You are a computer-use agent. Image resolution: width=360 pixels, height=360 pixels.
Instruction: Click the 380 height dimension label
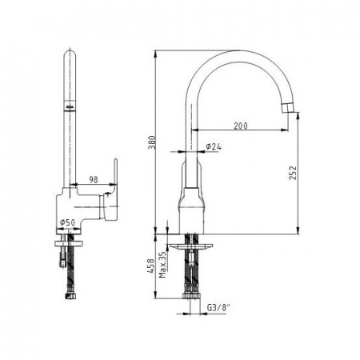[152, 143]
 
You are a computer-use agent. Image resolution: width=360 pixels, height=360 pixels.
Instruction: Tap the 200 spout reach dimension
[241, 126]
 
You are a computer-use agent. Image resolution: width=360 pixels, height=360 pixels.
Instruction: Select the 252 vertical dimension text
[293, 173]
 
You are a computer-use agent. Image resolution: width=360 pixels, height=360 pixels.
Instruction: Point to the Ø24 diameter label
[214, 146]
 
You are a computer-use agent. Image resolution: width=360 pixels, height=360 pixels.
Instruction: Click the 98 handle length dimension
[94, 180]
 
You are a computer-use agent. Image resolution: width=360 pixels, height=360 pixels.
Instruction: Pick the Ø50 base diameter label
[67, 222]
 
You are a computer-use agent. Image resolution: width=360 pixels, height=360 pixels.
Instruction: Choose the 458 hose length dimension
[151, 266]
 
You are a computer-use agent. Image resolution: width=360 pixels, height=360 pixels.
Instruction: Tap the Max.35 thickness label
[162, 265]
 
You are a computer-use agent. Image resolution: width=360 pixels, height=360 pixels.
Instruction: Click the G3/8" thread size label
[218, 308]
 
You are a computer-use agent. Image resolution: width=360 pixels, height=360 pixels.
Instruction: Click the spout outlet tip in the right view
[287, 108]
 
